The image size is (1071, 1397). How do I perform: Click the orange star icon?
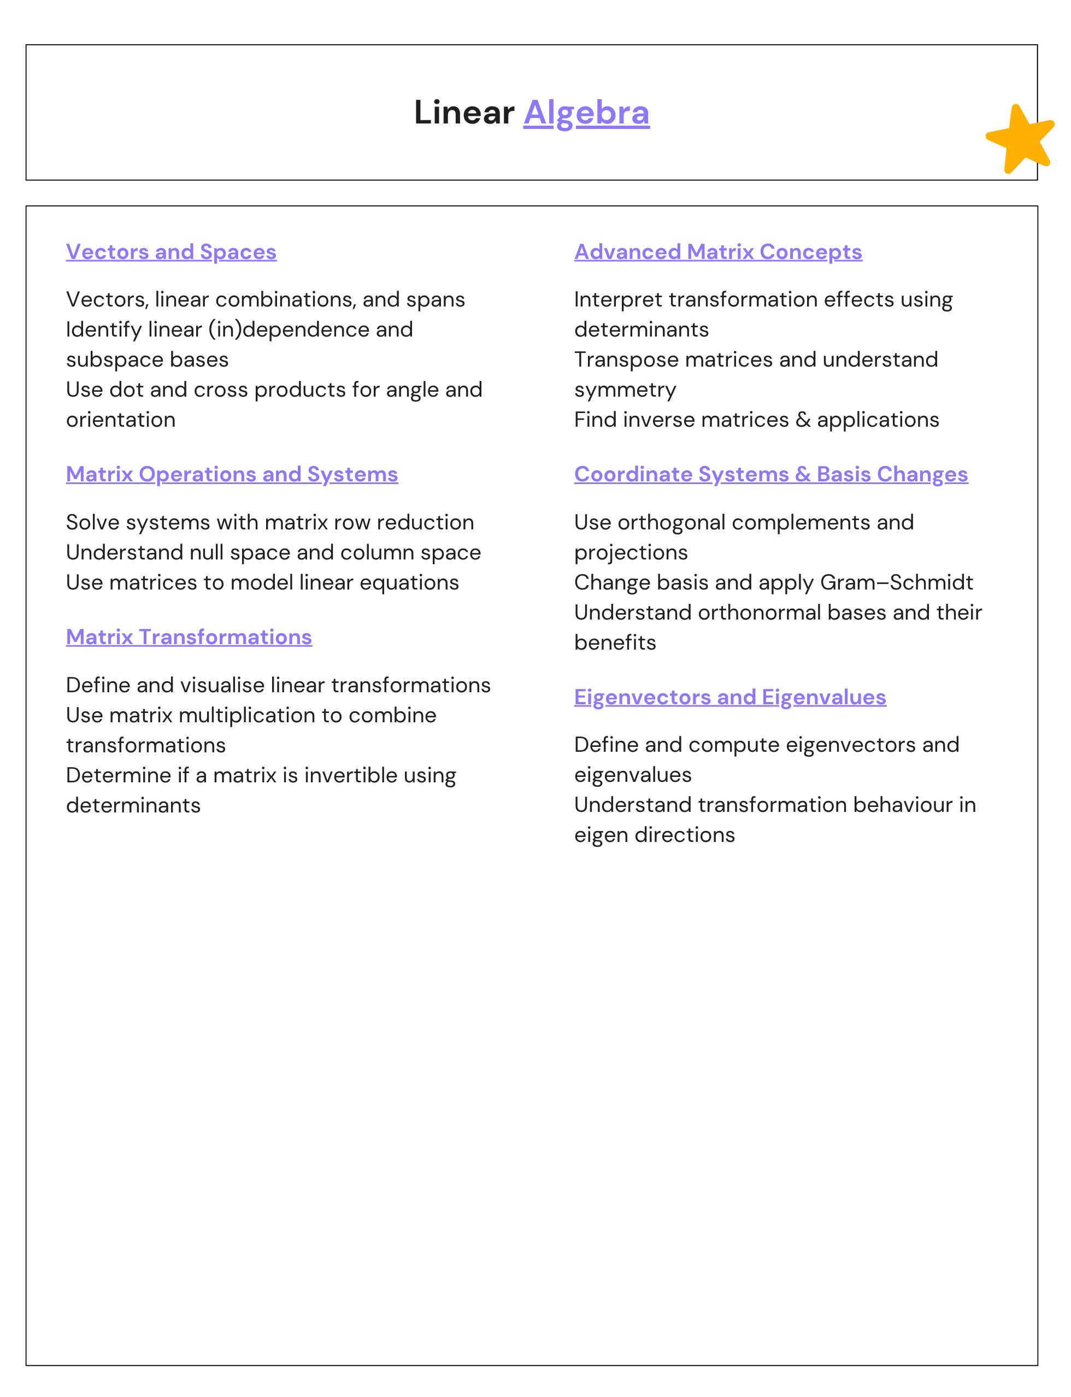[1020, 139]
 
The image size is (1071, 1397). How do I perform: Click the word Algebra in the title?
[586, 113]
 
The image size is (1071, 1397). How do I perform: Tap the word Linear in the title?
[463, 113]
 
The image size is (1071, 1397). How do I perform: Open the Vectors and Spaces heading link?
[171, 252]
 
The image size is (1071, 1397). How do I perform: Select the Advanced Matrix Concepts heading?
[718, 252]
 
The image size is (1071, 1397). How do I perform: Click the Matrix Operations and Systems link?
[232, 474]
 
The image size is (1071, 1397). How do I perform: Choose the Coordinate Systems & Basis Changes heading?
[770, 474]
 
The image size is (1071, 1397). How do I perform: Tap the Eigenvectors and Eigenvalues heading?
[730, 697]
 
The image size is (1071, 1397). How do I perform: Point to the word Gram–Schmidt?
[896, 582]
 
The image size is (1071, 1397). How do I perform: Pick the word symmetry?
[625, 390]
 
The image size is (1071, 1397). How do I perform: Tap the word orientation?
[120, 420]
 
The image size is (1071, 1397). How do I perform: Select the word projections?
[631, 552]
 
